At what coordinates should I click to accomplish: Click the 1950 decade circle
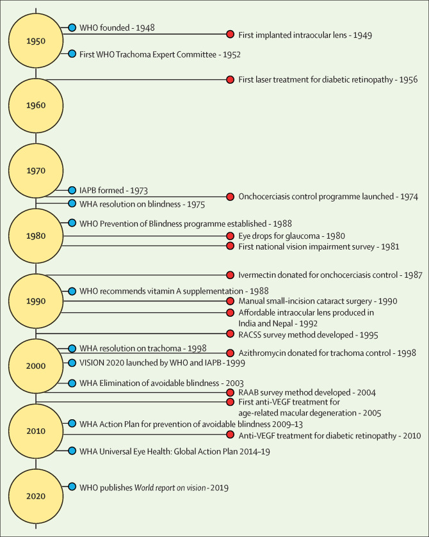pyautogui.click(x=36, y=41)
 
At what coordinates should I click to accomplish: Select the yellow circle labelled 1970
pyautogui.click(x=36, y=170)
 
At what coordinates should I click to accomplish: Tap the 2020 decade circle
pyautogui.click(x=36, y=496)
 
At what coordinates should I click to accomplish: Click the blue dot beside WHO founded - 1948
pyautogui.click(x=72, y=28)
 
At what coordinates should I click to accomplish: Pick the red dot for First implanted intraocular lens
pyautogui.click(x=231, y=35)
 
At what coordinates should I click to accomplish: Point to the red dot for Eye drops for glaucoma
pyautogui.click(x=231, y=236)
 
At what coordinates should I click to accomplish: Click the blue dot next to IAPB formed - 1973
pyautogui.click(x=72, y=190)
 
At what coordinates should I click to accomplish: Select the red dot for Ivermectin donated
pyautogui.click(x=231, y=275)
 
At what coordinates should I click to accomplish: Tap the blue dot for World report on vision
pyautogui.click(x=72, y=486)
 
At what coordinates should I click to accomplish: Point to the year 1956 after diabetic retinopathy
pyautogui.click(x=409, y=80)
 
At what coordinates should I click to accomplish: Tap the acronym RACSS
pyautogui.click(x=248, y=335)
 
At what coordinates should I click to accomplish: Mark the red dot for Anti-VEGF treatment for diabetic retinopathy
pyautogui.click(x=231, y=435)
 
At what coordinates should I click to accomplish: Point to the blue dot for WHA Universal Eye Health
pyautogui.click(x=72, y=451)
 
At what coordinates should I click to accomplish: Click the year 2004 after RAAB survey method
pyautogui.click(x=366, y=393)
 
